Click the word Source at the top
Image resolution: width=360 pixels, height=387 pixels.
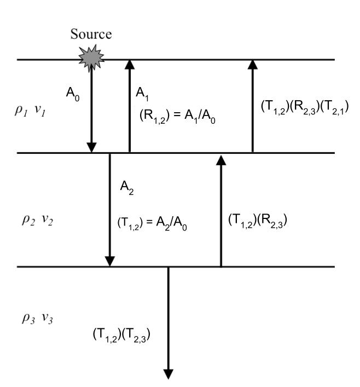[x=90, y=34]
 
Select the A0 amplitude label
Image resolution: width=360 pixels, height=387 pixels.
[x=73, y=94]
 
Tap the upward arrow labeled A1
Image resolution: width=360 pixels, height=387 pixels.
[x=129, y=104]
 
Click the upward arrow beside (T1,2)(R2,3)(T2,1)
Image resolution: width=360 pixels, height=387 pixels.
[x=252, y=104]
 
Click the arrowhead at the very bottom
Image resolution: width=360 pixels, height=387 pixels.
[x=168, y=374]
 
